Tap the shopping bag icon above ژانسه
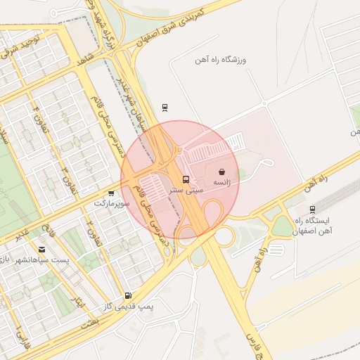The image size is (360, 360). coord(222,172)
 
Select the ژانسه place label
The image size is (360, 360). coord(222,182)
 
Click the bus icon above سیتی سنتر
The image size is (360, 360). coord(186,179)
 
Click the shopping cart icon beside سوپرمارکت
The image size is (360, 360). coord(111,193)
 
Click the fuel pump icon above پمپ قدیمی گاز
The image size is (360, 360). coord(127,296)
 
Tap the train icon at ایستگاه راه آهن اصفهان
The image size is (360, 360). coord(312,209)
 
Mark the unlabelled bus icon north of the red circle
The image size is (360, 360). coord(165,107)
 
